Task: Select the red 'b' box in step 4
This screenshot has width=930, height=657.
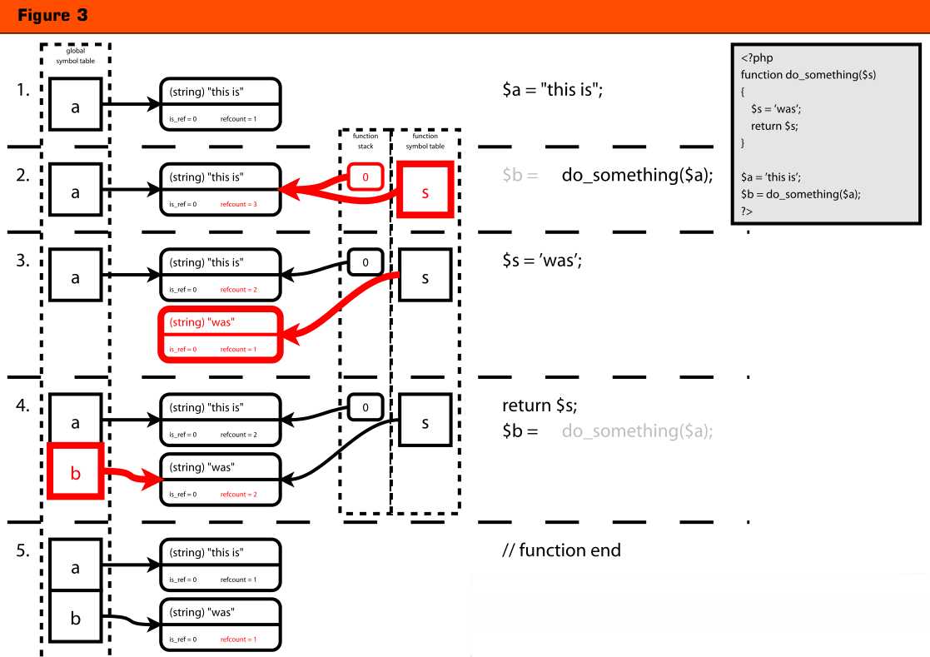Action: click(x=76, y=473)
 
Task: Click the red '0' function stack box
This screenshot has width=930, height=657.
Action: click(x=365, y=177)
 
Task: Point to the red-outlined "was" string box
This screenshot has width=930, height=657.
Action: click(x=220, y=335)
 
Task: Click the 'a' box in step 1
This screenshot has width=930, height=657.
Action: click(x=76, y=104)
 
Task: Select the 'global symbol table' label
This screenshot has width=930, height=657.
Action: click(x=75, y=56)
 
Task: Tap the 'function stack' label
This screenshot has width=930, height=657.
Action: click(x=365, y=141)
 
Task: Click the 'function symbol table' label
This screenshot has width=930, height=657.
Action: click(x=425, y=141)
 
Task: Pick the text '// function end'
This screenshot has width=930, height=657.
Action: click(x=560, y=551)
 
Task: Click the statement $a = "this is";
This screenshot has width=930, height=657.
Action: click(x=552, y=91)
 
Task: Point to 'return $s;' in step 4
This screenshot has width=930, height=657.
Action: click(x=539, y=406)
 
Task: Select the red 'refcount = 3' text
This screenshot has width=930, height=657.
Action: click(x=238, y=204)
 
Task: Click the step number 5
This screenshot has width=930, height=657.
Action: click(x=22, y=551)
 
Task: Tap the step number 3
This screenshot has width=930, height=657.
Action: click(x=22, y=260)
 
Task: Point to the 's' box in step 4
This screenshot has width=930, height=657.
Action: click(x=425, y=422)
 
